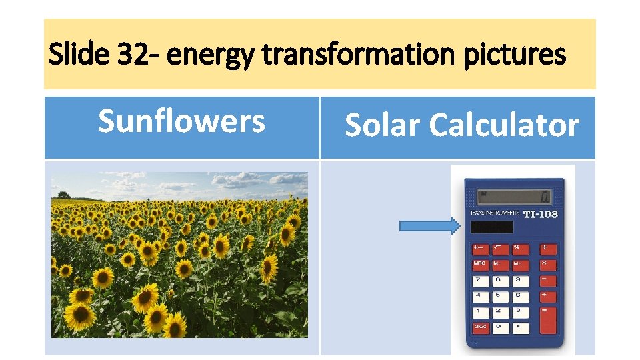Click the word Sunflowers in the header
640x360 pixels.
[x=181, y=122]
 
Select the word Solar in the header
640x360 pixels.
[x=382, y=125]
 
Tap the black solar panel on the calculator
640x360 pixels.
[x=491, y=227]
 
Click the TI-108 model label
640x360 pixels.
[x=540, y=214]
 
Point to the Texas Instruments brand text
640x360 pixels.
[x=495, y=213]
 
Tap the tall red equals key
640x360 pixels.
[x=547, y=321]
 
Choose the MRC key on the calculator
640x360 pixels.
[x=480, y=263]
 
